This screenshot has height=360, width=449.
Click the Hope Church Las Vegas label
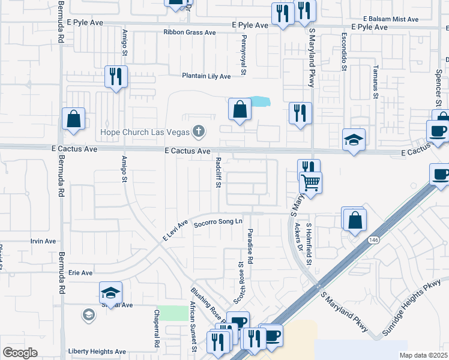pos(144,131)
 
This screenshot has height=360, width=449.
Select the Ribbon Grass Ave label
pos(190,32)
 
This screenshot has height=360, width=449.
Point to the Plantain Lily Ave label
pos(206,76)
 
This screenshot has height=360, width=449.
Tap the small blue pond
pos(259,101)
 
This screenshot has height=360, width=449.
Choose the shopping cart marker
pos(311,182)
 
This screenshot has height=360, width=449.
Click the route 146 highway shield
pos(373,239)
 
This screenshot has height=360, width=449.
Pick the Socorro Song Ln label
pos(217,223)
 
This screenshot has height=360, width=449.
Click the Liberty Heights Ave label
pos(97,352)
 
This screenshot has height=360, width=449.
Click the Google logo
pos(20,353)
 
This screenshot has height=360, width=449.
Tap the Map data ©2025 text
pos(423,355)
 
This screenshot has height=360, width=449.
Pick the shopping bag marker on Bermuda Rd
pos(73,119)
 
